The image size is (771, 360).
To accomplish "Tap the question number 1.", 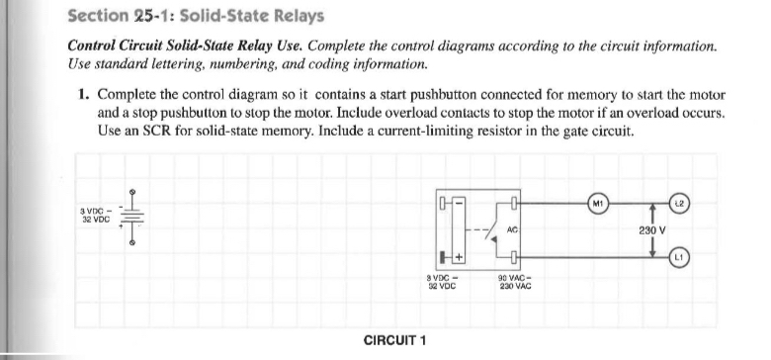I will (86, 96).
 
